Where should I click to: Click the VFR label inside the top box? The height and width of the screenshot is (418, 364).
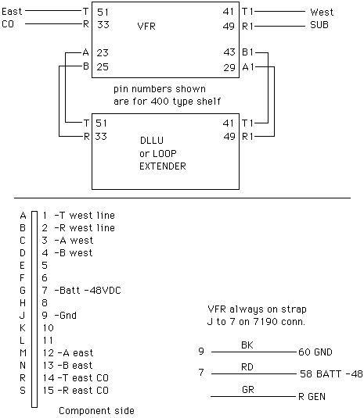[x=146, y=27]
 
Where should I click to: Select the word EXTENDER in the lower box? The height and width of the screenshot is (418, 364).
[x=163, y=166]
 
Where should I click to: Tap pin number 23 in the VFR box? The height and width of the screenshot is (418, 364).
[x=103, y=53]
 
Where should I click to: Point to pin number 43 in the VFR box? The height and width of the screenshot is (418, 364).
[x=229, y=52]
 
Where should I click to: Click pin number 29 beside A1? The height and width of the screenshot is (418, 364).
[x=229, y=68]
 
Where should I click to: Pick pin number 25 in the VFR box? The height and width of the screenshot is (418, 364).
[x=103, y=66]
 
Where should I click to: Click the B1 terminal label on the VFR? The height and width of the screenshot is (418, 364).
[x=247, y=52]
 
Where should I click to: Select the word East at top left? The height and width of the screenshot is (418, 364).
[x=12, y=12]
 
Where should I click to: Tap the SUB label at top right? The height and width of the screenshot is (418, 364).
[x=319, y=25]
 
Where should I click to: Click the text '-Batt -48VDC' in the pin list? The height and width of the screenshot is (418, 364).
[x=88, y=291]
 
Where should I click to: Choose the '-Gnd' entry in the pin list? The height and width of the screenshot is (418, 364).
[x=66, y=316]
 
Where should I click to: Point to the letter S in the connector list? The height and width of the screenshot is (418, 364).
[x=23, y=391]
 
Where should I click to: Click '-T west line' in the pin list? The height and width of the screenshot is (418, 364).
[x=85, y=216]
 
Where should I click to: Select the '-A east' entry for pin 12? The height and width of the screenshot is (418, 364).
[x=76, y=353]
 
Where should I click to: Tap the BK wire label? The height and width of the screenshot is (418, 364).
[x=247, y=345]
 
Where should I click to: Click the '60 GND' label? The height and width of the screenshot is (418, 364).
[x=315, y=352]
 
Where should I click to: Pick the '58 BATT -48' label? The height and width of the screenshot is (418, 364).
[x=331, y=374]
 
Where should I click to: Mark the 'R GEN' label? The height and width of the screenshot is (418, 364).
[x=312, y=397]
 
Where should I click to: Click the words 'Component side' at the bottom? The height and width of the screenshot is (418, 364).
[x=96, y=411]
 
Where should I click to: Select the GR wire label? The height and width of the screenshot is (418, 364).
[x=248, y=390]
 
